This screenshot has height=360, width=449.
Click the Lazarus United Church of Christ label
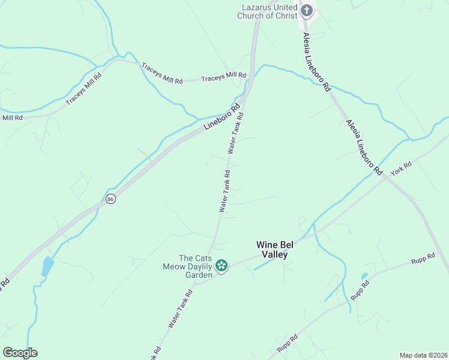268,11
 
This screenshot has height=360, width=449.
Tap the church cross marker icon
307,10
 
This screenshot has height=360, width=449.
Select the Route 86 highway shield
110,199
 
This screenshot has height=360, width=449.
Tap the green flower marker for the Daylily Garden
221,265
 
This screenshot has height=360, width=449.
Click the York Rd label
400,169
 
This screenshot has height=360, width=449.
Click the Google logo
20,352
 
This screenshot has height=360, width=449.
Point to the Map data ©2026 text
423,355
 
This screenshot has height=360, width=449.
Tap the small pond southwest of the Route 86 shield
47,266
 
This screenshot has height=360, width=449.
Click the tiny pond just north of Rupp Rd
364,277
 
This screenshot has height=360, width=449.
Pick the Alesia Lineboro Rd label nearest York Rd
364,147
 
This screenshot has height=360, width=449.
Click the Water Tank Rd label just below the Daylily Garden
180,308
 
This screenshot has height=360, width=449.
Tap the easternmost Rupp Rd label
423,261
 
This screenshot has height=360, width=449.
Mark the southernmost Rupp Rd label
288,344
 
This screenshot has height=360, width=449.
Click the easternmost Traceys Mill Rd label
224,77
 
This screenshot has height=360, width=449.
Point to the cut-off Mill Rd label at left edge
11,118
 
